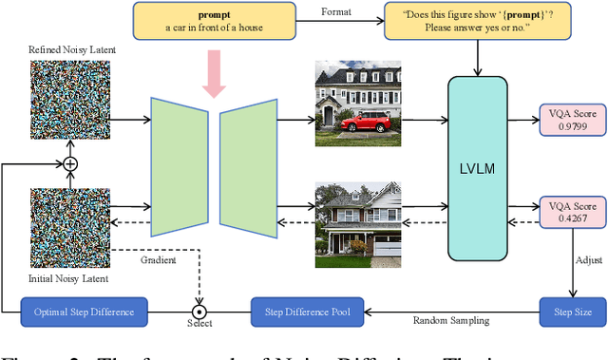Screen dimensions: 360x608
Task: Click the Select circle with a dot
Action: point(199,311)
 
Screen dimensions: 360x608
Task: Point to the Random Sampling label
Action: point(450,321)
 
